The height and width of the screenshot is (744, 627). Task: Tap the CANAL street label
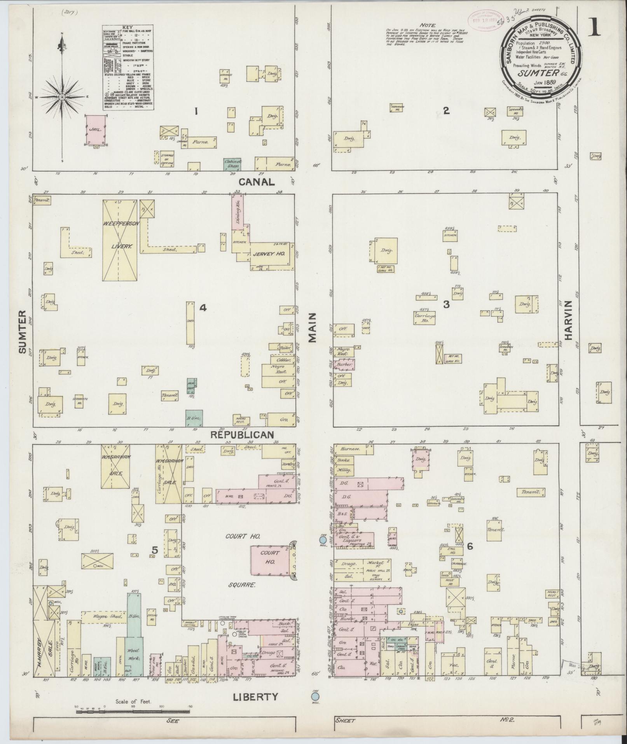(257, 181)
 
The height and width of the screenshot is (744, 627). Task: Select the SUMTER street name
(22, 332)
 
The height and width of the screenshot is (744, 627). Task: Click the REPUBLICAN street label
(243, 435)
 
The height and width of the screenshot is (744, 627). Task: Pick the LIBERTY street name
(255, 697)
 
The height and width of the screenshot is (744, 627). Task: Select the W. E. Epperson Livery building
(119, 240)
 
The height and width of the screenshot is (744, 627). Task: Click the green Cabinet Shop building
(232, 164)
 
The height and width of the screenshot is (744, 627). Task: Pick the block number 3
(446, 305)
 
